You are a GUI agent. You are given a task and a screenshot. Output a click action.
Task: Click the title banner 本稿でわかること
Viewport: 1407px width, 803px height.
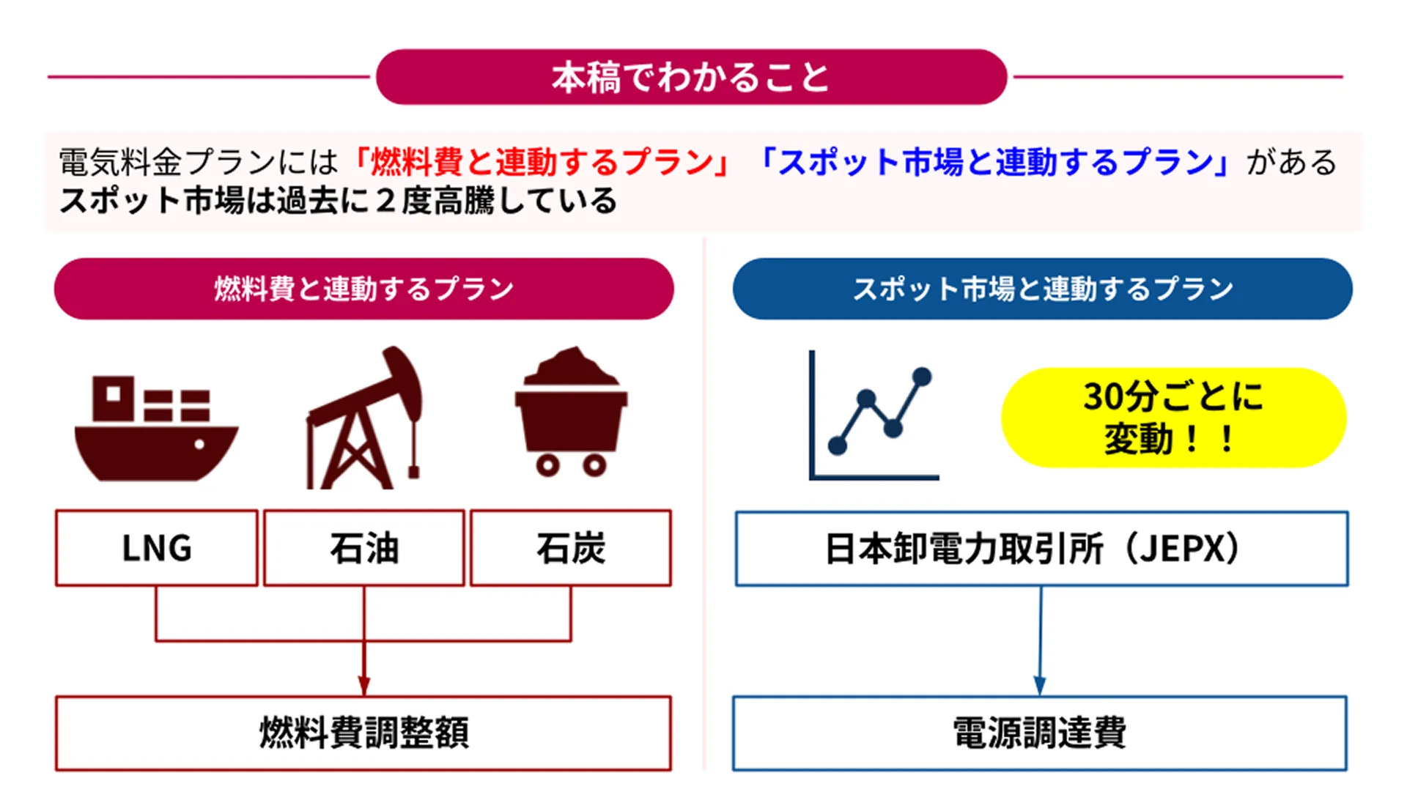[691, 77]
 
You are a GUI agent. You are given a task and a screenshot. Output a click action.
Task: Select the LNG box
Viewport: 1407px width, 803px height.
[156, 548]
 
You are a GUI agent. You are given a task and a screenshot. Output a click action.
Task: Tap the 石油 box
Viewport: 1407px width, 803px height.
[363, 548]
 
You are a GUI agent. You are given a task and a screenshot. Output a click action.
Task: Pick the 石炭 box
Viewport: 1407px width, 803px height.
[570, 548]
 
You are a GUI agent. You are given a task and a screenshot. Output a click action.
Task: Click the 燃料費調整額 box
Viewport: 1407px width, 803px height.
[363, 733]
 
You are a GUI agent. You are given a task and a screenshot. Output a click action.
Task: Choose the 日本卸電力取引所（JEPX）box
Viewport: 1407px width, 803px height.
[1041, 549]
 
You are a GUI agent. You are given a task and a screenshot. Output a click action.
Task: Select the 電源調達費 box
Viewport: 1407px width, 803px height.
[1039, 733]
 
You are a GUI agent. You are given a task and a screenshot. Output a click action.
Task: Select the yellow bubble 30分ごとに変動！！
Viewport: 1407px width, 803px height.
[1173, 418]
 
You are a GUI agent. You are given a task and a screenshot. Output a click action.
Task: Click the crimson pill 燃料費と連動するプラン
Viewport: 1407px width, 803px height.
[363, 289]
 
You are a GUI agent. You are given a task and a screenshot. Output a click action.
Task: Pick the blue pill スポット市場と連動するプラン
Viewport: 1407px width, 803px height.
[1042, 289]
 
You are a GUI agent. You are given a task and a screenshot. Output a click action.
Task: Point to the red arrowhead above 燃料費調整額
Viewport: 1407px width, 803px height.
[363, 685]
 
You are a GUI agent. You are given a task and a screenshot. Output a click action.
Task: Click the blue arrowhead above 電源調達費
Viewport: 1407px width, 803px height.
[1039, 685]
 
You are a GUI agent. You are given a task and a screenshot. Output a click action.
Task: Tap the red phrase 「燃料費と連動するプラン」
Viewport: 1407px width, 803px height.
[542, 163]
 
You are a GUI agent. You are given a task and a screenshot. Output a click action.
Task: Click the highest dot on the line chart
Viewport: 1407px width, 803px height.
[922, 377]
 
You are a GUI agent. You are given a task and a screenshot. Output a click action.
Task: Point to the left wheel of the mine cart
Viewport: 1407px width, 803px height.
[547, 465]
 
